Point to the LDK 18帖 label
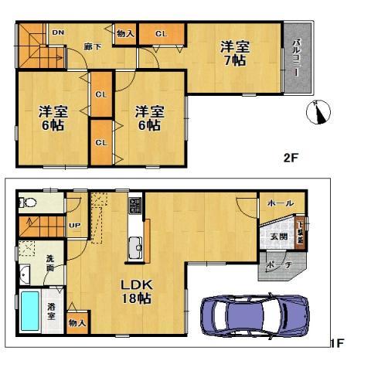tap(134, 291)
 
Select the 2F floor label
tap(290, 158)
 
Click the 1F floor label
tap(336, 342)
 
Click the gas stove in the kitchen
tap(134, 205)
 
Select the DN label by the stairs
tap(57, 32)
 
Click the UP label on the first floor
tap(75, 225)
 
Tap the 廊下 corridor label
tap(90, 46)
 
